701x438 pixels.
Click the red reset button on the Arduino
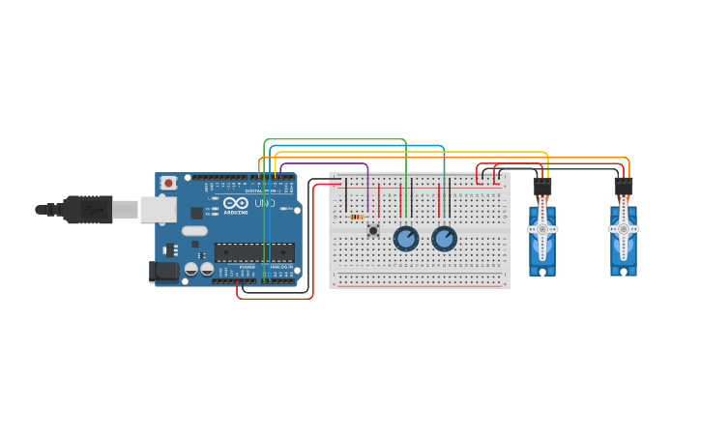(x=168, y=182)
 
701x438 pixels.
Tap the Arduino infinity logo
(x=236, y=203)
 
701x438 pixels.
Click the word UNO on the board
(x=264, y=203)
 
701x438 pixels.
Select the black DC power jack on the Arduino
(x=164, y=271)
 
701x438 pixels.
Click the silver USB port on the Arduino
(x=157, y=209)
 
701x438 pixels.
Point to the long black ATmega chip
(x=254, y=252)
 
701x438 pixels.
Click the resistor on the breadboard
(x=356, y=217)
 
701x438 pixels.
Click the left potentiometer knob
(x=406, y=238)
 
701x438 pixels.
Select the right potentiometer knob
(x=444, y=238)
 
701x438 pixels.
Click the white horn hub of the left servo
(x=542, y=229)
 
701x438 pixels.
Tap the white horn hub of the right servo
(x=624, y=229)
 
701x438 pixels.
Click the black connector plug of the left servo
(x=542, y=187)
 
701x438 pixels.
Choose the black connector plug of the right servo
(x=624, y=187)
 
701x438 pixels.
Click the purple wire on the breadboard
(x=367, y=189)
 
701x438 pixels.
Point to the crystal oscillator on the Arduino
(x=194, y=230)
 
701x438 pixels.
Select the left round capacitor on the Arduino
(x=191, y=269)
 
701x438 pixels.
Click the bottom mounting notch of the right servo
(x=624, y=272)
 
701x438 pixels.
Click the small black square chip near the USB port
(x=197, y=213)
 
